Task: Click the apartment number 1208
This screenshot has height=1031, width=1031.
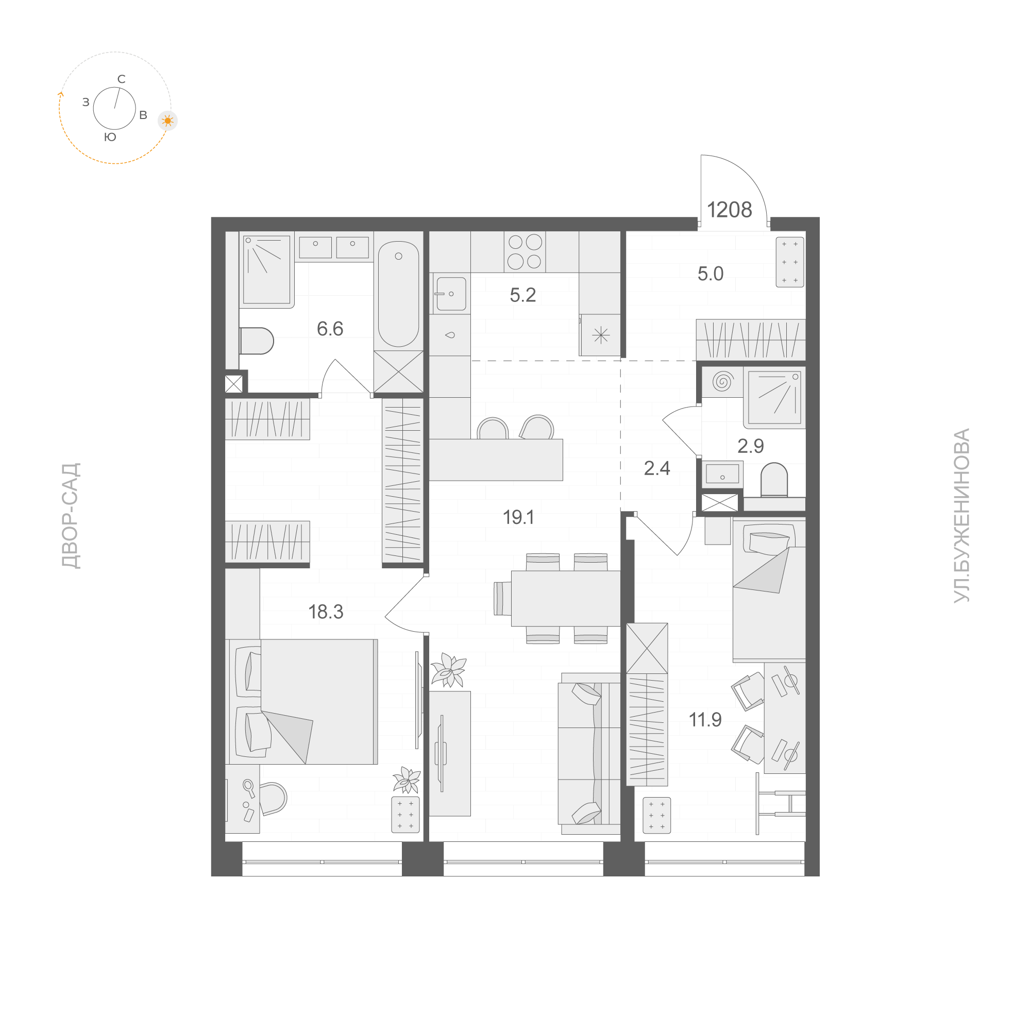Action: [x=729, y=210]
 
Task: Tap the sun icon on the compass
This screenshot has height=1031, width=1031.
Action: [x=167, y=121]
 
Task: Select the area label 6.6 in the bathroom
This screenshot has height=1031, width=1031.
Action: [x=330, y=329]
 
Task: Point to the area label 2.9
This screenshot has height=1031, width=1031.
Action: [x=750, y=446]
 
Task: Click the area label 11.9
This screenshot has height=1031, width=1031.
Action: [x=705, y=720]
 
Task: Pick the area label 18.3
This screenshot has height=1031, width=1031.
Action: [x=326, y=612]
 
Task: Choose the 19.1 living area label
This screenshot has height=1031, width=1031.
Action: [x=519, y=517]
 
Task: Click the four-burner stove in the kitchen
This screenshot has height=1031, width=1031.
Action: [x=525, y=251]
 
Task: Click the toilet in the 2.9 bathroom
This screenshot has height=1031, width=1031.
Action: [x=774, y=479]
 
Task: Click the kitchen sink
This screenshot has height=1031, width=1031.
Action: [x=450, y=294]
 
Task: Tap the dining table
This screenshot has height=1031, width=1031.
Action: [x=565, y=598]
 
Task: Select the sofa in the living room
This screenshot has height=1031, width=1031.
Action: [x=588, y=752]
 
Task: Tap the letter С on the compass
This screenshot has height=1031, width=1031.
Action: [x=122, y=79]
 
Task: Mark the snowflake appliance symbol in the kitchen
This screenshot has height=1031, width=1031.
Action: [x=601, y=335]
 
